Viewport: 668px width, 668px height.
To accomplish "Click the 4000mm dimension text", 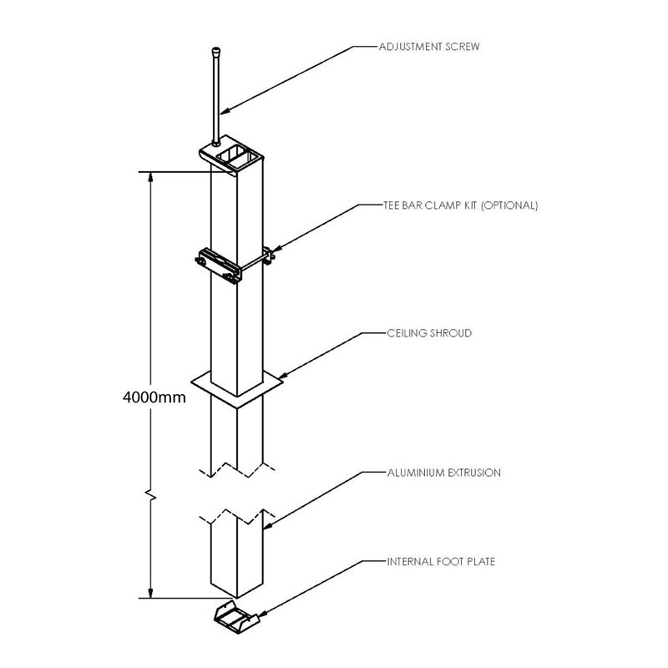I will [152, 397].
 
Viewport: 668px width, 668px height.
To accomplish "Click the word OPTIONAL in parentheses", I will [511, 205].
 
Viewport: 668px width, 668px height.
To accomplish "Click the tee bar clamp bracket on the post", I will [219, 266].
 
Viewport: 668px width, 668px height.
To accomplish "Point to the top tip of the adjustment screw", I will [215, 53].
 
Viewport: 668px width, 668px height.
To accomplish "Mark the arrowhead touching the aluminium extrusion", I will [266, 526].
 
